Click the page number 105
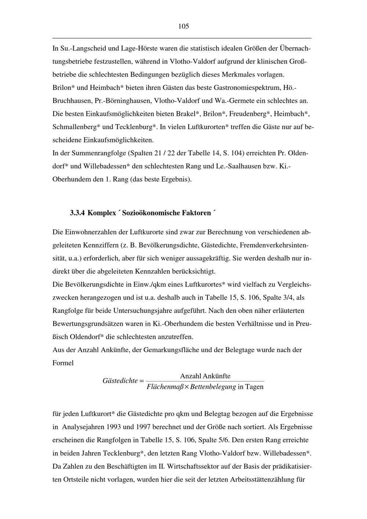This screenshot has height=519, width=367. tap(183, 26)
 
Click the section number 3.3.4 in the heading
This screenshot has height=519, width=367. tap(77, 213)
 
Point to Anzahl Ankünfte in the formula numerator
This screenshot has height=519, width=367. tap(205, 376)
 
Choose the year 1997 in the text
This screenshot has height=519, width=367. tap(144, 427)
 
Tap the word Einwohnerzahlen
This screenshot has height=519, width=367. tap(96, 232)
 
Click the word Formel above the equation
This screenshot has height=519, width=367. tap(63, 363)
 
